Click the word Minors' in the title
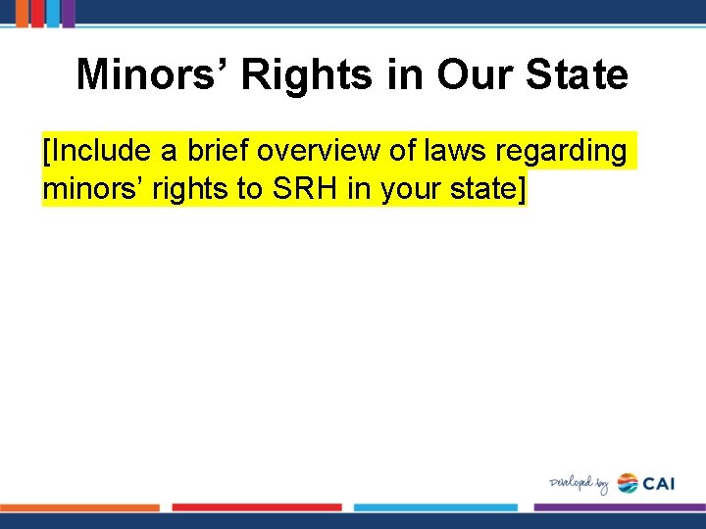(152, 74)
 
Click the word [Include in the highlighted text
(89, 152)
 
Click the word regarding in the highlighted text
(571, 152)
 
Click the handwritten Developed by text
(580, 484)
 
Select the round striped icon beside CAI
(627, 484)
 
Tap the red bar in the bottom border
(257, 507)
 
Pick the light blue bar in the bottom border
(435, 507)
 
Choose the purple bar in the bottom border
(619, 507)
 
